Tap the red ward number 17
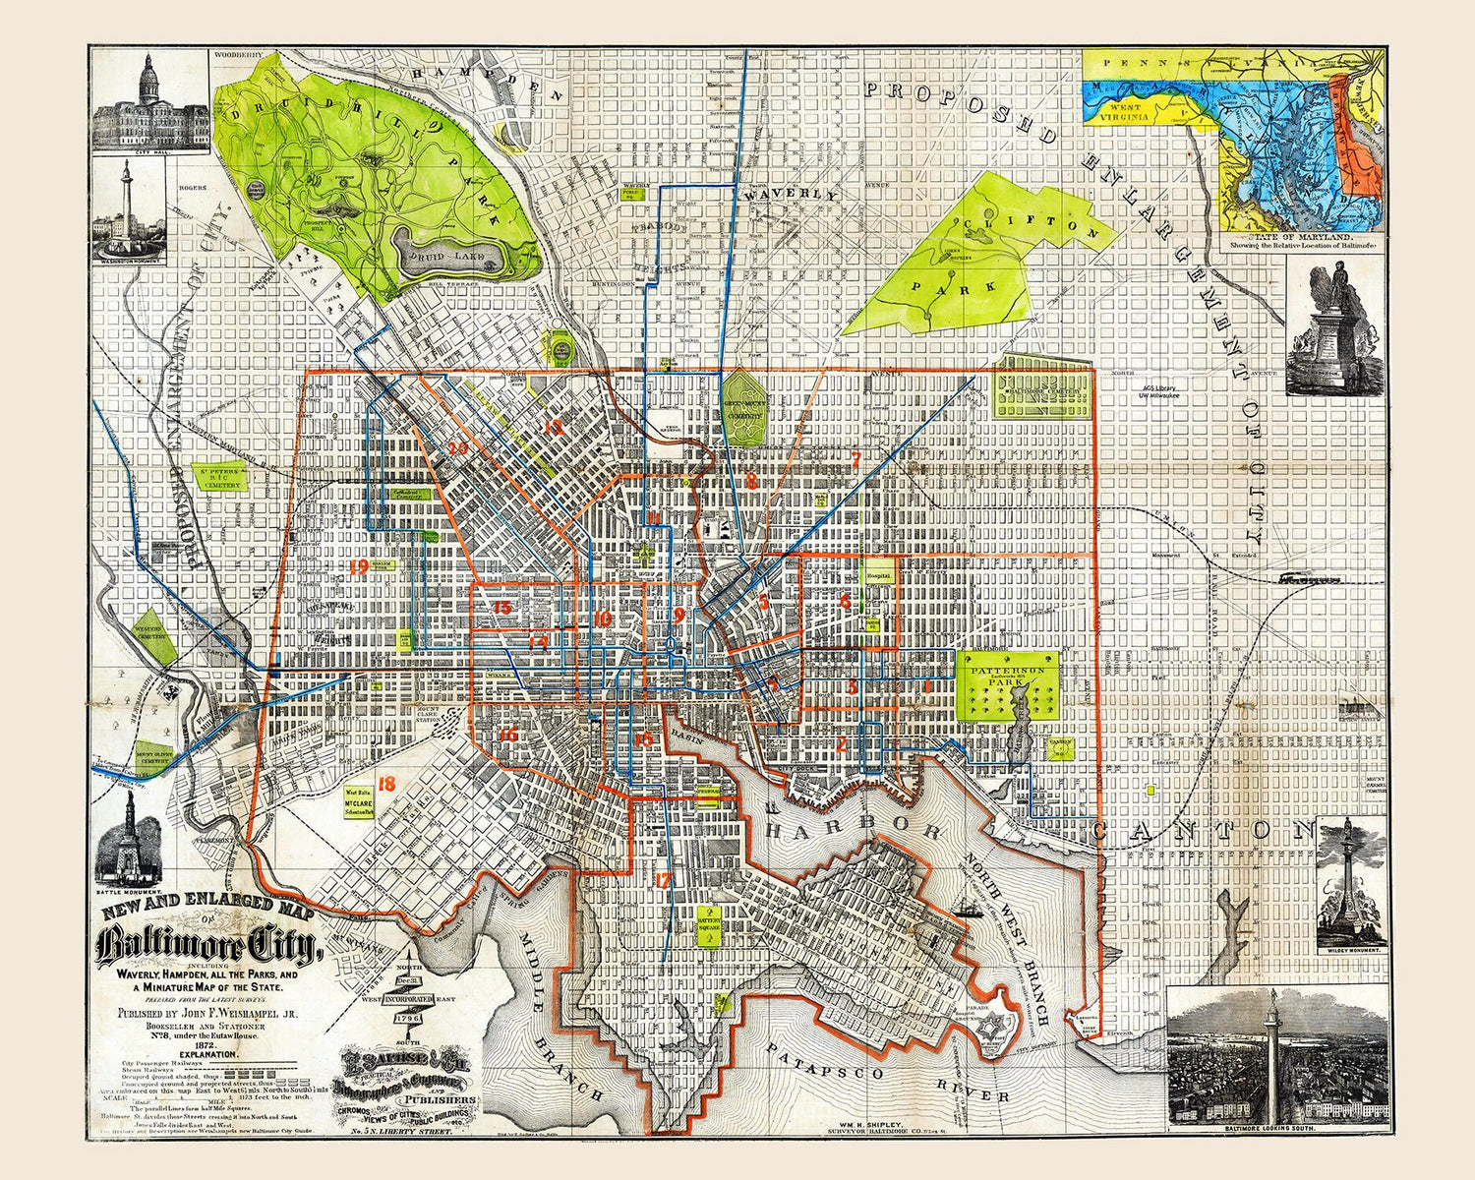pyautogui.click(x=663, y=881)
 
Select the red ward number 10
pyautogui.click(x=602, y=619)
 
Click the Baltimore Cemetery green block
pyautogui.click(x=1043, y=391)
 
